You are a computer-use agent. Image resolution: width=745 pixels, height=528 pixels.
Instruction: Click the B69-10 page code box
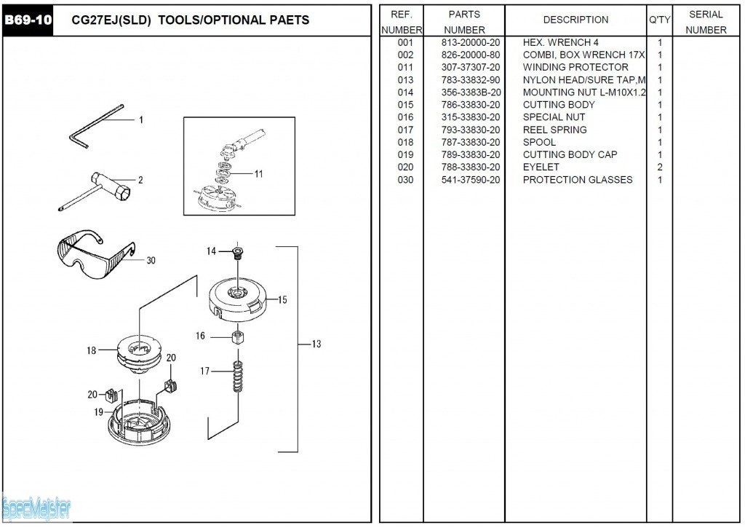click(28, 20)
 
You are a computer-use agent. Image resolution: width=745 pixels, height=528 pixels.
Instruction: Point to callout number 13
click(316, 344)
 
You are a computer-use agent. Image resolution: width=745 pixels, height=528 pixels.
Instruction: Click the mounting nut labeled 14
click(236, 253)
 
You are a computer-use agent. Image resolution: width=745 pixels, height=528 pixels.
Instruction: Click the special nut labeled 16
click(236, 338)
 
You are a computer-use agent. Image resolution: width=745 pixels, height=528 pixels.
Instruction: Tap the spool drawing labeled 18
click(139, 350)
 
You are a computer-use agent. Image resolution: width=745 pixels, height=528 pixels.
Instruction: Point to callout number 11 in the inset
click(259, 173)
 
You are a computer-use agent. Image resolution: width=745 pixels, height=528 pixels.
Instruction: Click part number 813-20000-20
click(471, 42)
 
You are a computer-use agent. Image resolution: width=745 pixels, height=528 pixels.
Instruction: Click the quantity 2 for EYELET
click(660, 167)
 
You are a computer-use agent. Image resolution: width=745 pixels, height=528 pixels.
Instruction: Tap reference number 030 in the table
click(405, 179)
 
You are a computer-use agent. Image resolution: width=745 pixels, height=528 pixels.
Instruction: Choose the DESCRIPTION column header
click(575, 20)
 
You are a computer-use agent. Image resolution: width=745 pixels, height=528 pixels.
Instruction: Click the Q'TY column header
click(659, 20)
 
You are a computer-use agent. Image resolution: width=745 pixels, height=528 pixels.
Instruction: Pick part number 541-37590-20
click(471, 179)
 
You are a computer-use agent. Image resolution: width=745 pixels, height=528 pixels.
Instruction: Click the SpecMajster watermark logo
click(36, 508)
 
